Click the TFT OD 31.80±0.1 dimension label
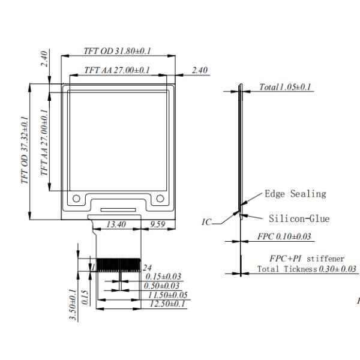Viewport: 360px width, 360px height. click(117, 51)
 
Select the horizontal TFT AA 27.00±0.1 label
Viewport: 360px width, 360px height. click(117, 70)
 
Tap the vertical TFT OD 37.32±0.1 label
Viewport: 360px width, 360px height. click(25, 150)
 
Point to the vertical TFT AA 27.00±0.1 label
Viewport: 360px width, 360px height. click(44, 142)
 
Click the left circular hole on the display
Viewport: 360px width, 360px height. click(76, 199)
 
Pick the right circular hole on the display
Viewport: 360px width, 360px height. click(160, 199)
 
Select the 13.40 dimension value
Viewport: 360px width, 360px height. click(116, 224)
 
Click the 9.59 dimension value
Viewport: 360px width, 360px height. click(157, 224)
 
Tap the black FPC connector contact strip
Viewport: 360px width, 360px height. click(118, 265)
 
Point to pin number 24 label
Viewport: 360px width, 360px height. click(147, 268)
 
